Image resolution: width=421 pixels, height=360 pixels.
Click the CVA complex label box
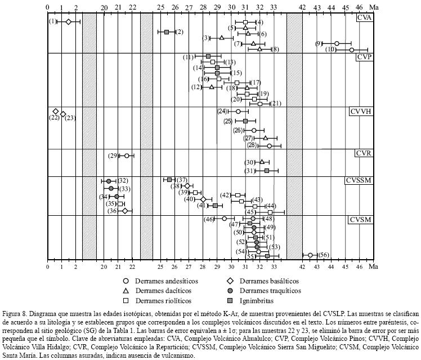364,17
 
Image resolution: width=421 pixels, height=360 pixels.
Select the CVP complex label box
364,57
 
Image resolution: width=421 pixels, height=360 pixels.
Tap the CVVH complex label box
361,112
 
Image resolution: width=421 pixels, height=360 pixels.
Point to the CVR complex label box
364,153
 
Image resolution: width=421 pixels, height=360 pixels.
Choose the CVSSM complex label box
359,181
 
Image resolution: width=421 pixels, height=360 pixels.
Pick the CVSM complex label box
361,220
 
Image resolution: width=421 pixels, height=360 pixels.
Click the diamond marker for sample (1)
69,21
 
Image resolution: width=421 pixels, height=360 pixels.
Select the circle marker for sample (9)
337,43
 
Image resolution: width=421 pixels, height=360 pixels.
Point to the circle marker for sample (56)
310,255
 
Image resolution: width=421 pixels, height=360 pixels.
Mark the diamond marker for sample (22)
56,112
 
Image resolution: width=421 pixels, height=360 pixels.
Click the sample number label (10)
332,50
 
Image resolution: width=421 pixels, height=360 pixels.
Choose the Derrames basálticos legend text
269,281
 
